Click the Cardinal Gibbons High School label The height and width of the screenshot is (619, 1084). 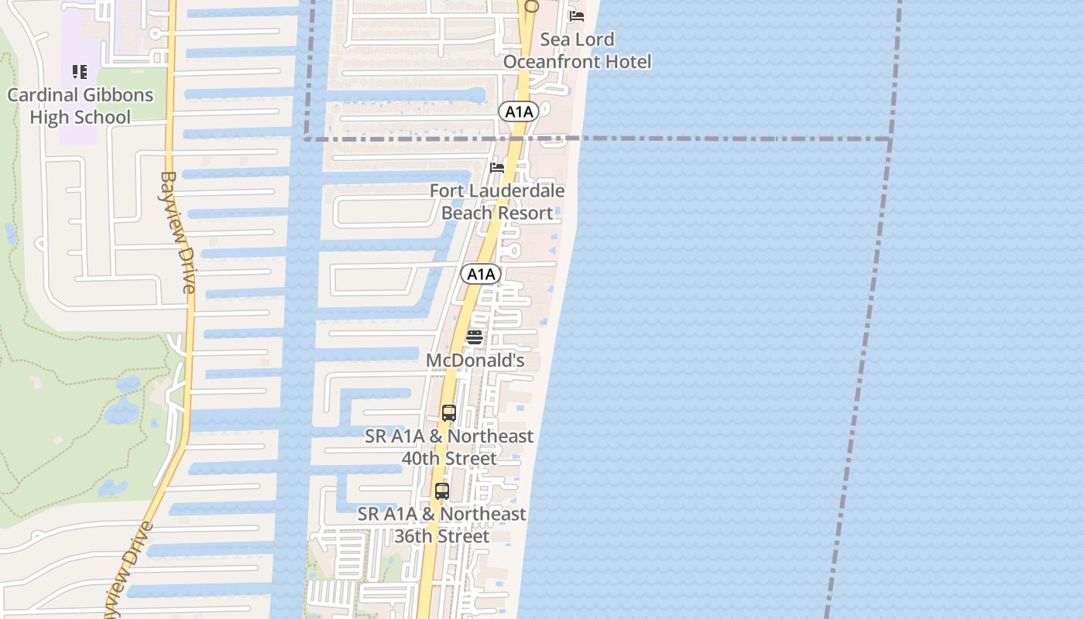point(81,106)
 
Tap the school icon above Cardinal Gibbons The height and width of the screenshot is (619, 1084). point(80,72)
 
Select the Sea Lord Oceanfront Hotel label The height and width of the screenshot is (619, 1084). point(578,50)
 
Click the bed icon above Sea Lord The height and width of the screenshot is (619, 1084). point(577,15)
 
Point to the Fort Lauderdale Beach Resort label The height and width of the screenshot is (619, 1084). point(497,201)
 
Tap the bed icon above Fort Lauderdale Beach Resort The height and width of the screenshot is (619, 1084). point(497,167)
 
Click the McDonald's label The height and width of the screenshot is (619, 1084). point(475,361)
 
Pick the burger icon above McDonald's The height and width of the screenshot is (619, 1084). point(475,337)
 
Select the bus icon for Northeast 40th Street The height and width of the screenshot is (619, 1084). point(449,412)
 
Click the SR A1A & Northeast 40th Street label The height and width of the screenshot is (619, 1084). point(449,447)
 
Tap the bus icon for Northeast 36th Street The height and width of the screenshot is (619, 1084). point(442,491)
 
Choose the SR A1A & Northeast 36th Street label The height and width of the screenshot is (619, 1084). point(442,525)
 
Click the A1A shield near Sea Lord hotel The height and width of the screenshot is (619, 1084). point(519,112)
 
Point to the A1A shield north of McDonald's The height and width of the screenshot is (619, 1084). point(481,274)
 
